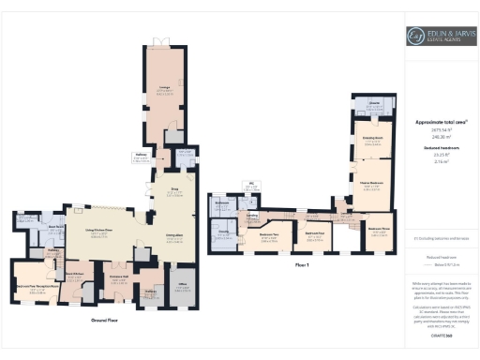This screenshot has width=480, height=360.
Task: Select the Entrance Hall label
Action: (x=118, y=278)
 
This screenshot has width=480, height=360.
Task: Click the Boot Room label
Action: (x=56, y=227)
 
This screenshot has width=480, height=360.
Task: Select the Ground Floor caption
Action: (x=104, y=321)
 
